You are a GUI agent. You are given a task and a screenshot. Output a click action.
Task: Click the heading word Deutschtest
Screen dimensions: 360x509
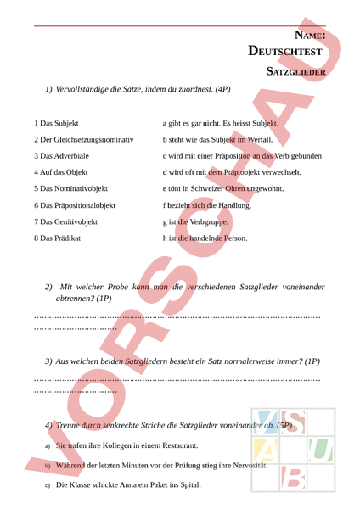tap(285, 52)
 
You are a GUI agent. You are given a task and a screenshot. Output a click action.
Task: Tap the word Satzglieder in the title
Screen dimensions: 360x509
tap(296, 73)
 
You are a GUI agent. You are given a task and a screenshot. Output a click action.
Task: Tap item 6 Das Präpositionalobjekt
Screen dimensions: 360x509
tap(75, 205)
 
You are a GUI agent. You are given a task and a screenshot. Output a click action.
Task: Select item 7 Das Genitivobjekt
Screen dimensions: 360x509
tap(65, 221)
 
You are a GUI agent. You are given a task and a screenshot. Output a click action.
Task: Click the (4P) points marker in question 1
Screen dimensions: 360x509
tap(222, 89)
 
